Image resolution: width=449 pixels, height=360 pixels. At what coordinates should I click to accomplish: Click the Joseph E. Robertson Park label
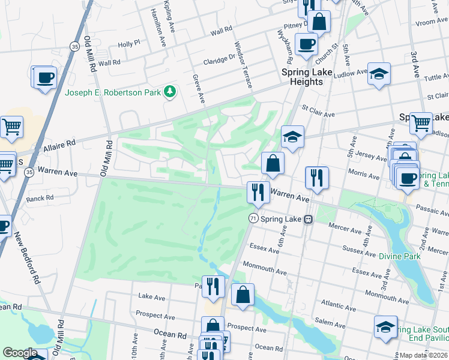(x=113, y=92)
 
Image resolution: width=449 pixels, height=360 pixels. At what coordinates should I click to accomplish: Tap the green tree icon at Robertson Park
(x=171, y=92)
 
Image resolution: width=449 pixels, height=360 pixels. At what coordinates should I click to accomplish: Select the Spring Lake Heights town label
(x=306, y=77)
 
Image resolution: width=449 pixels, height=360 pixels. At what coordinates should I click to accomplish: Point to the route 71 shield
(x=253, y=220)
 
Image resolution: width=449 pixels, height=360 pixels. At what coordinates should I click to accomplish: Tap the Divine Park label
(x=398, y=256)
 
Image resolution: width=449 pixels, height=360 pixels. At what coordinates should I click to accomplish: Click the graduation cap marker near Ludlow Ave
(x=379, y=74)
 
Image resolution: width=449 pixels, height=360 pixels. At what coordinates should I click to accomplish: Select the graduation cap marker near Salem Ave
(x=386, y=327)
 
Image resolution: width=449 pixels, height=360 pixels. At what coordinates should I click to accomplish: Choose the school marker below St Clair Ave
(x=292, y=137)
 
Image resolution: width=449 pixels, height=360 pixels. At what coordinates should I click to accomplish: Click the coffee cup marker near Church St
(x=306, y=44)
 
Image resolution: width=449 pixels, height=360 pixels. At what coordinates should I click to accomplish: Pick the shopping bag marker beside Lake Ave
(x=243, y=295)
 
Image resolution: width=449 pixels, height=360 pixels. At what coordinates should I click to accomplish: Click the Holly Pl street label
(x=128, y=44)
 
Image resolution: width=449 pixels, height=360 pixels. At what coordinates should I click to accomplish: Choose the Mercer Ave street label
(x=343, y=227)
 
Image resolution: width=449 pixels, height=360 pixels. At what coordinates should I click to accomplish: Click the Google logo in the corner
(x=20, y=353)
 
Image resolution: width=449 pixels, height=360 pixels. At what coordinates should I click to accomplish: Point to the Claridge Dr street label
(x=219, y=60)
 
